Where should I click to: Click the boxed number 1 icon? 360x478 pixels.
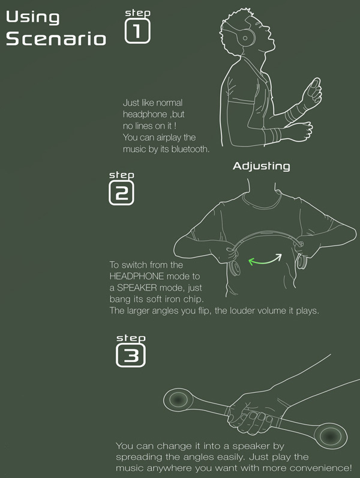tap(137, 31)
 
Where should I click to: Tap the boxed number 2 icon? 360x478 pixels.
tap(121, 193)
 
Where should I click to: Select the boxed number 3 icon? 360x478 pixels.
tap(131, 355)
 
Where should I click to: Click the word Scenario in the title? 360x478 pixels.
tap(56, 38)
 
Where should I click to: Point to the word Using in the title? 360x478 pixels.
tap(32, 17)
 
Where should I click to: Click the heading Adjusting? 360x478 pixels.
tap(262, 166)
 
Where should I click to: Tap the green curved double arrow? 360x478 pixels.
tap(265, 260)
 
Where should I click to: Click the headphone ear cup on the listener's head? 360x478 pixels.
tap(247, 37)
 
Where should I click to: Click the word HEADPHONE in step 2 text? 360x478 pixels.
tap(137, 276)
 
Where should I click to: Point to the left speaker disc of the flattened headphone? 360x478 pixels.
tap(178, 399)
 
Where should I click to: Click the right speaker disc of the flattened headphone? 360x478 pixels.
tap(330, 435)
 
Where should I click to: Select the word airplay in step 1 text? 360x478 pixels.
tap(169, 138)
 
